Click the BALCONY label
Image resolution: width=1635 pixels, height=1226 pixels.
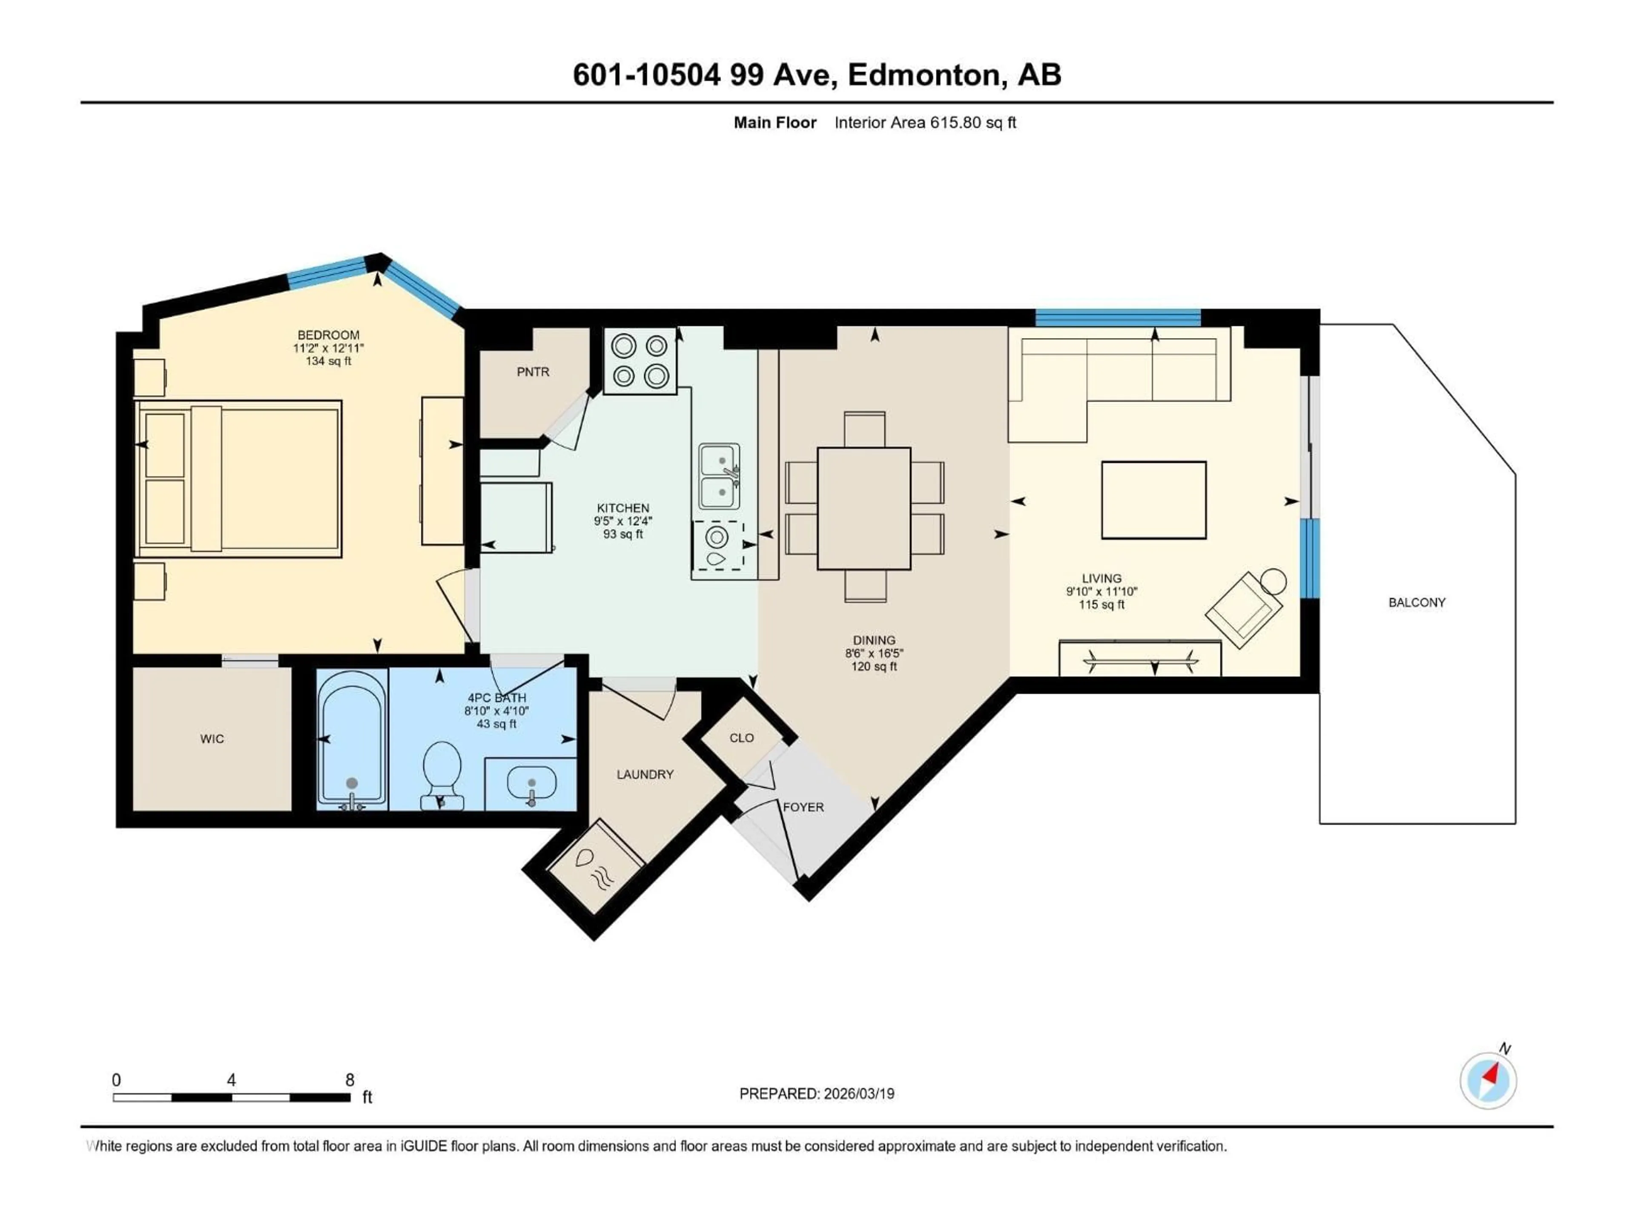point(1416,602)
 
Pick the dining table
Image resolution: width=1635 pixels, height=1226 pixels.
point(863,508)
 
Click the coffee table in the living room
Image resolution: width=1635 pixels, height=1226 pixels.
point(1153,500)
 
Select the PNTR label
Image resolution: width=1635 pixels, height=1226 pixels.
point(533,372)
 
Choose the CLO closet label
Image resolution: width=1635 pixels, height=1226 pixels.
point(741,738)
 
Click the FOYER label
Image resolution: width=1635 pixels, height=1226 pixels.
point(803,807)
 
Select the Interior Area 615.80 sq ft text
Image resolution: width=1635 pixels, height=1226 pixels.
point(925,123)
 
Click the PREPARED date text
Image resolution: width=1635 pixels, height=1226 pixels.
point(817,1094)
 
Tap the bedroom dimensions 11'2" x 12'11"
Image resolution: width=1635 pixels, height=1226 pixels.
point(328,348)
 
